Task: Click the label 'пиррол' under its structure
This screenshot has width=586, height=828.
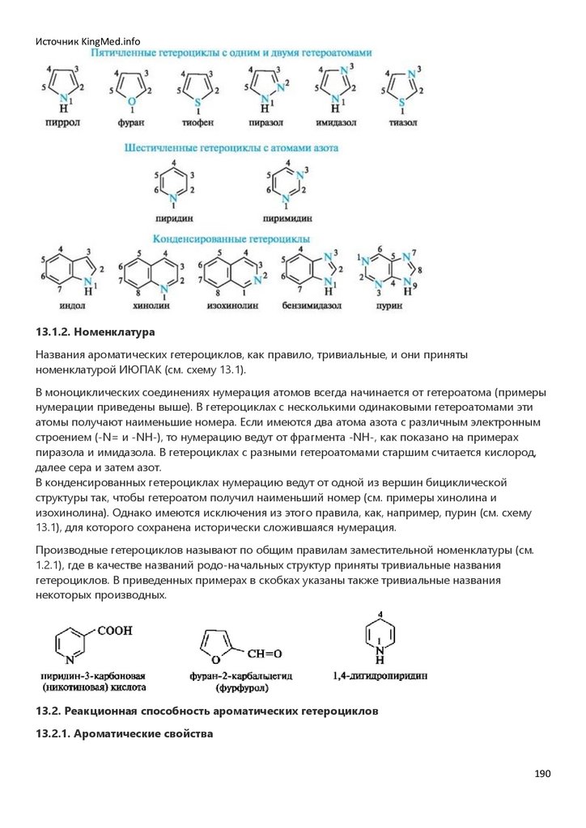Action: (x=62, y=122)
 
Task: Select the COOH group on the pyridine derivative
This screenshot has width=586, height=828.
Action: (x=116, y=629)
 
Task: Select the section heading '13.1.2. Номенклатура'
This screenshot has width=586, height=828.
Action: (x=95, y=332)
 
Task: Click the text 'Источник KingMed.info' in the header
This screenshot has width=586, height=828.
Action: (x=87, y=41)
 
